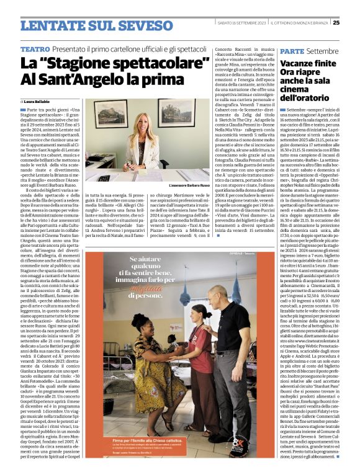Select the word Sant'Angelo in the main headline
point(87,79)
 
